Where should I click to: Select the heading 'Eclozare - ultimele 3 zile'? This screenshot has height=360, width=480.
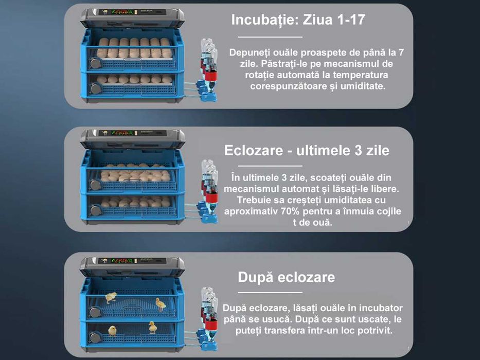point(307,151)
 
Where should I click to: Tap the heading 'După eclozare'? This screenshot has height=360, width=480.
point(286,278)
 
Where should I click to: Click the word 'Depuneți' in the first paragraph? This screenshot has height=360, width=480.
point(248,52)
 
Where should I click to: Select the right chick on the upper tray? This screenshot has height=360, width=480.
point(161,304)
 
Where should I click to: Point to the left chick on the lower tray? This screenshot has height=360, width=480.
point(112,330)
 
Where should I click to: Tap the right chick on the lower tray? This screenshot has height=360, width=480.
point(153,327)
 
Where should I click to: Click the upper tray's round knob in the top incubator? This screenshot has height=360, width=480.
point(95,63)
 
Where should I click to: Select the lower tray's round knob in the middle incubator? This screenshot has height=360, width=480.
point(95,210)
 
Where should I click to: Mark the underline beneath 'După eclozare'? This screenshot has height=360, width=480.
point(270,292)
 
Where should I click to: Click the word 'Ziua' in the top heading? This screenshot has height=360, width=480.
point(318,20)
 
